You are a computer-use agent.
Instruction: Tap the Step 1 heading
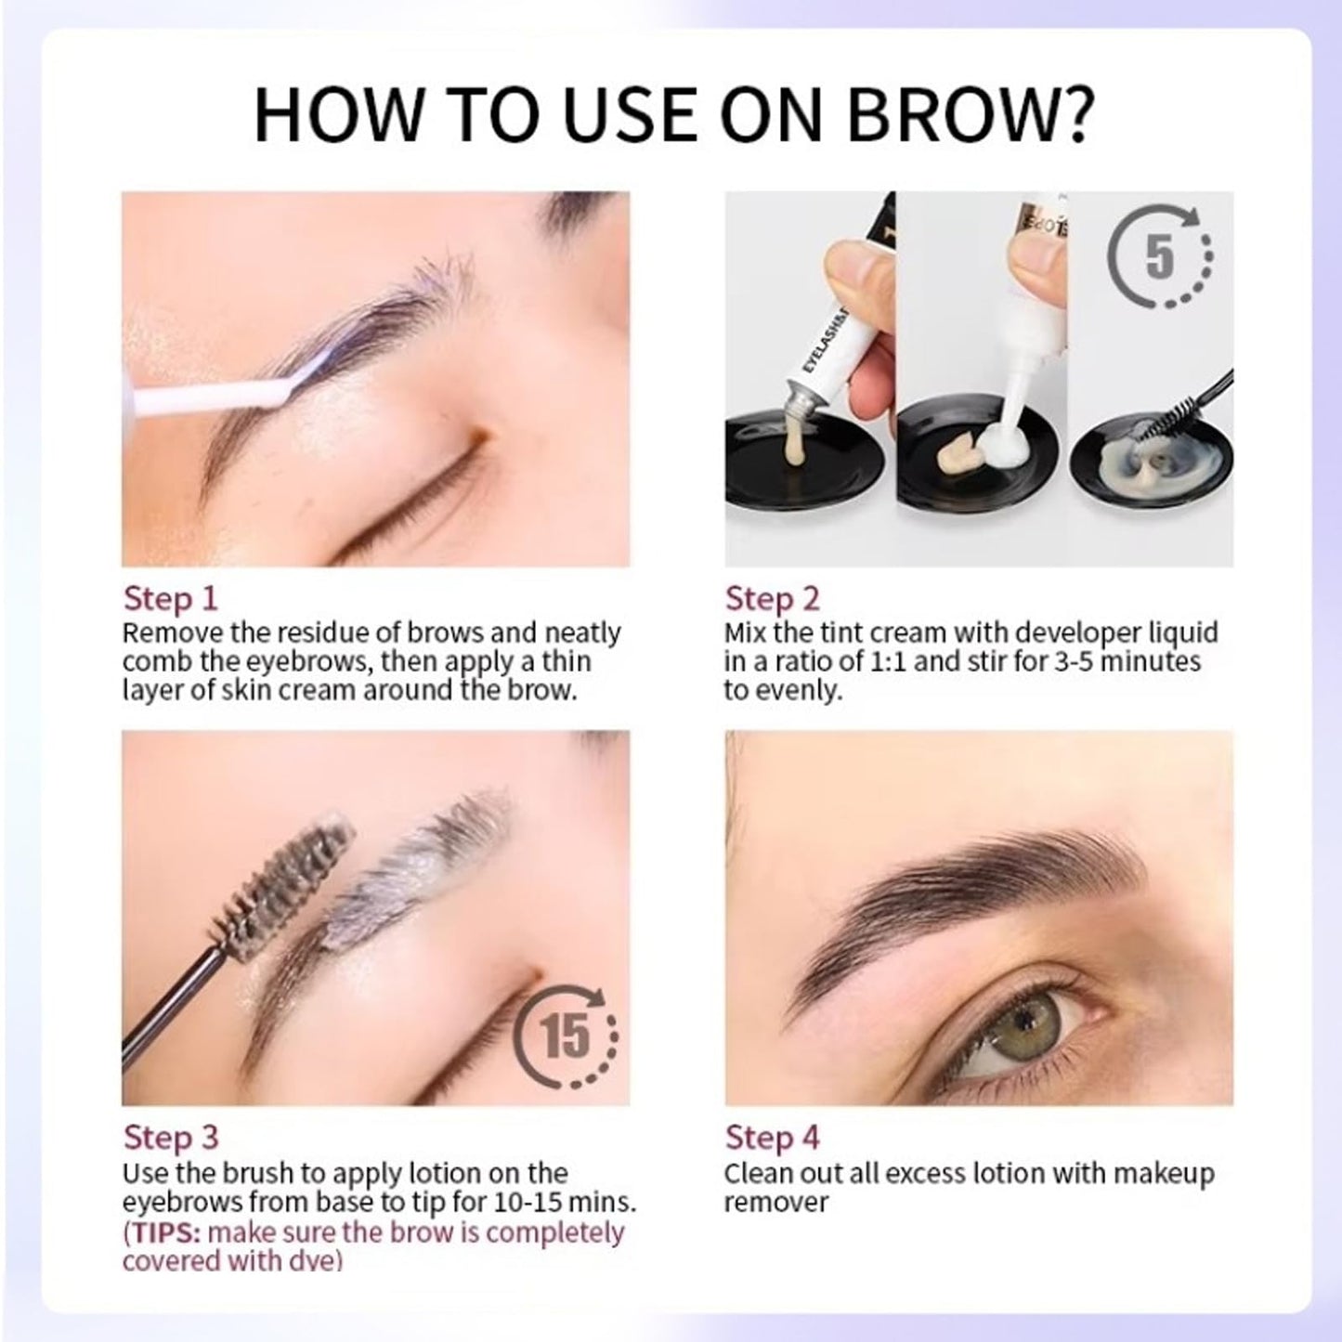point(170,598)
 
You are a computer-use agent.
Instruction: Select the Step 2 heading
point(772,598)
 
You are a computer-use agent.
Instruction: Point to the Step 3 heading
point(170,1137)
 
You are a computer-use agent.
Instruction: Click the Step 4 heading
point(772,1137)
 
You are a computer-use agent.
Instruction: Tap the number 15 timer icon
point(567,1036)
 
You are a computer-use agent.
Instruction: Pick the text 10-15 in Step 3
point(526,1203)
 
